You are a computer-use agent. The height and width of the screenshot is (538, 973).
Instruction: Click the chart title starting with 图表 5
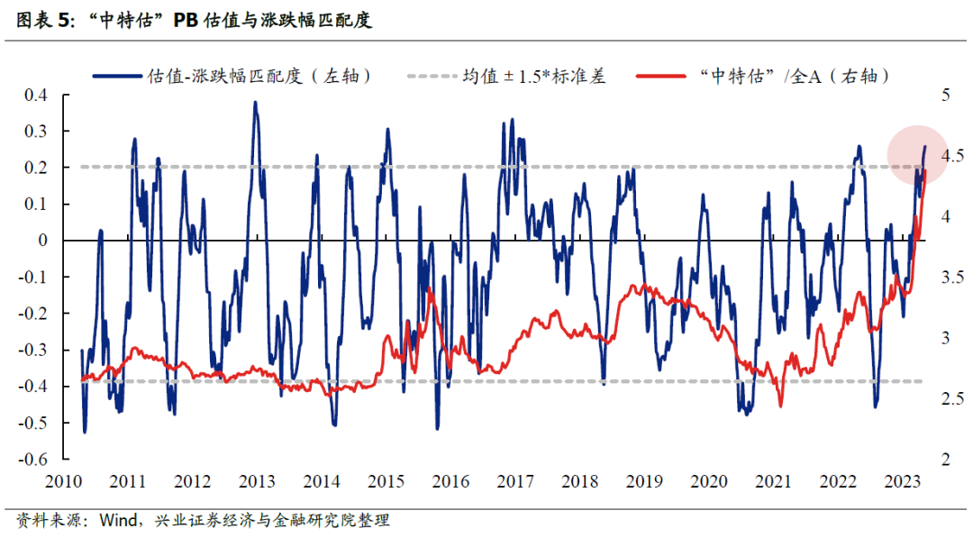tap(194, 21)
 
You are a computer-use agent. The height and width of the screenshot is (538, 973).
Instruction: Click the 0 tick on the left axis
tap(42, 241)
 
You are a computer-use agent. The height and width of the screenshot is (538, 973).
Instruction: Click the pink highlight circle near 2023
tap(917, 155)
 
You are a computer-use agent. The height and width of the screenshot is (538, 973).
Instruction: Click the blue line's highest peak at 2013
tap(255, 103)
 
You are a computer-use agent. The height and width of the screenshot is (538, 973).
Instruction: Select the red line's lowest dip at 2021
tap(780, 405)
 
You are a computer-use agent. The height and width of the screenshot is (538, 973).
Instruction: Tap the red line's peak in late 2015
tap(432, 290)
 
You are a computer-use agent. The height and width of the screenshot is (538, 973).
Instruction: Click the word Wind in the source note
tap(119, 521)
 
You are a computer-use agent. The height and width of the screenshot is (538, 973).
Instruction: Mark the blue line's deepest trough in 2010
tap(85, 432)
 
